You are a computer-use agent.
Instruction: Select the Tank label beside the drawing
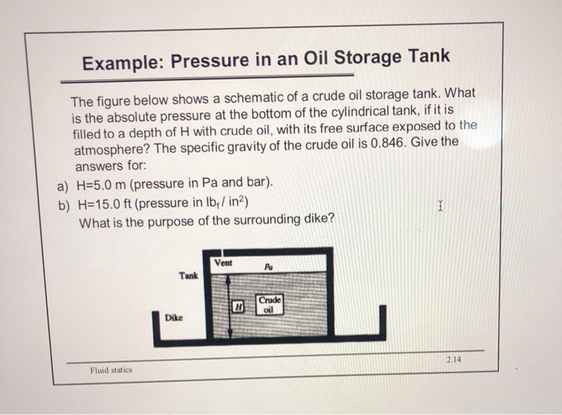(x=189, y=275)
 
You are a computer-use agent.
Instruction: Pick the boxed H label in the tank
(x=238, y=306)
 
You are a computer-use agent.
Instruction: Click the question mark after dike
(x=332, y=220)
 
